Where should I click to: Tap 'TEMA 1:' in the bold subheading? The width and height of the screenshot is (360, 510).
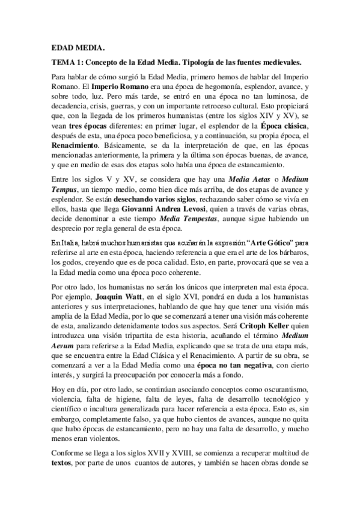[67, 63]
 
